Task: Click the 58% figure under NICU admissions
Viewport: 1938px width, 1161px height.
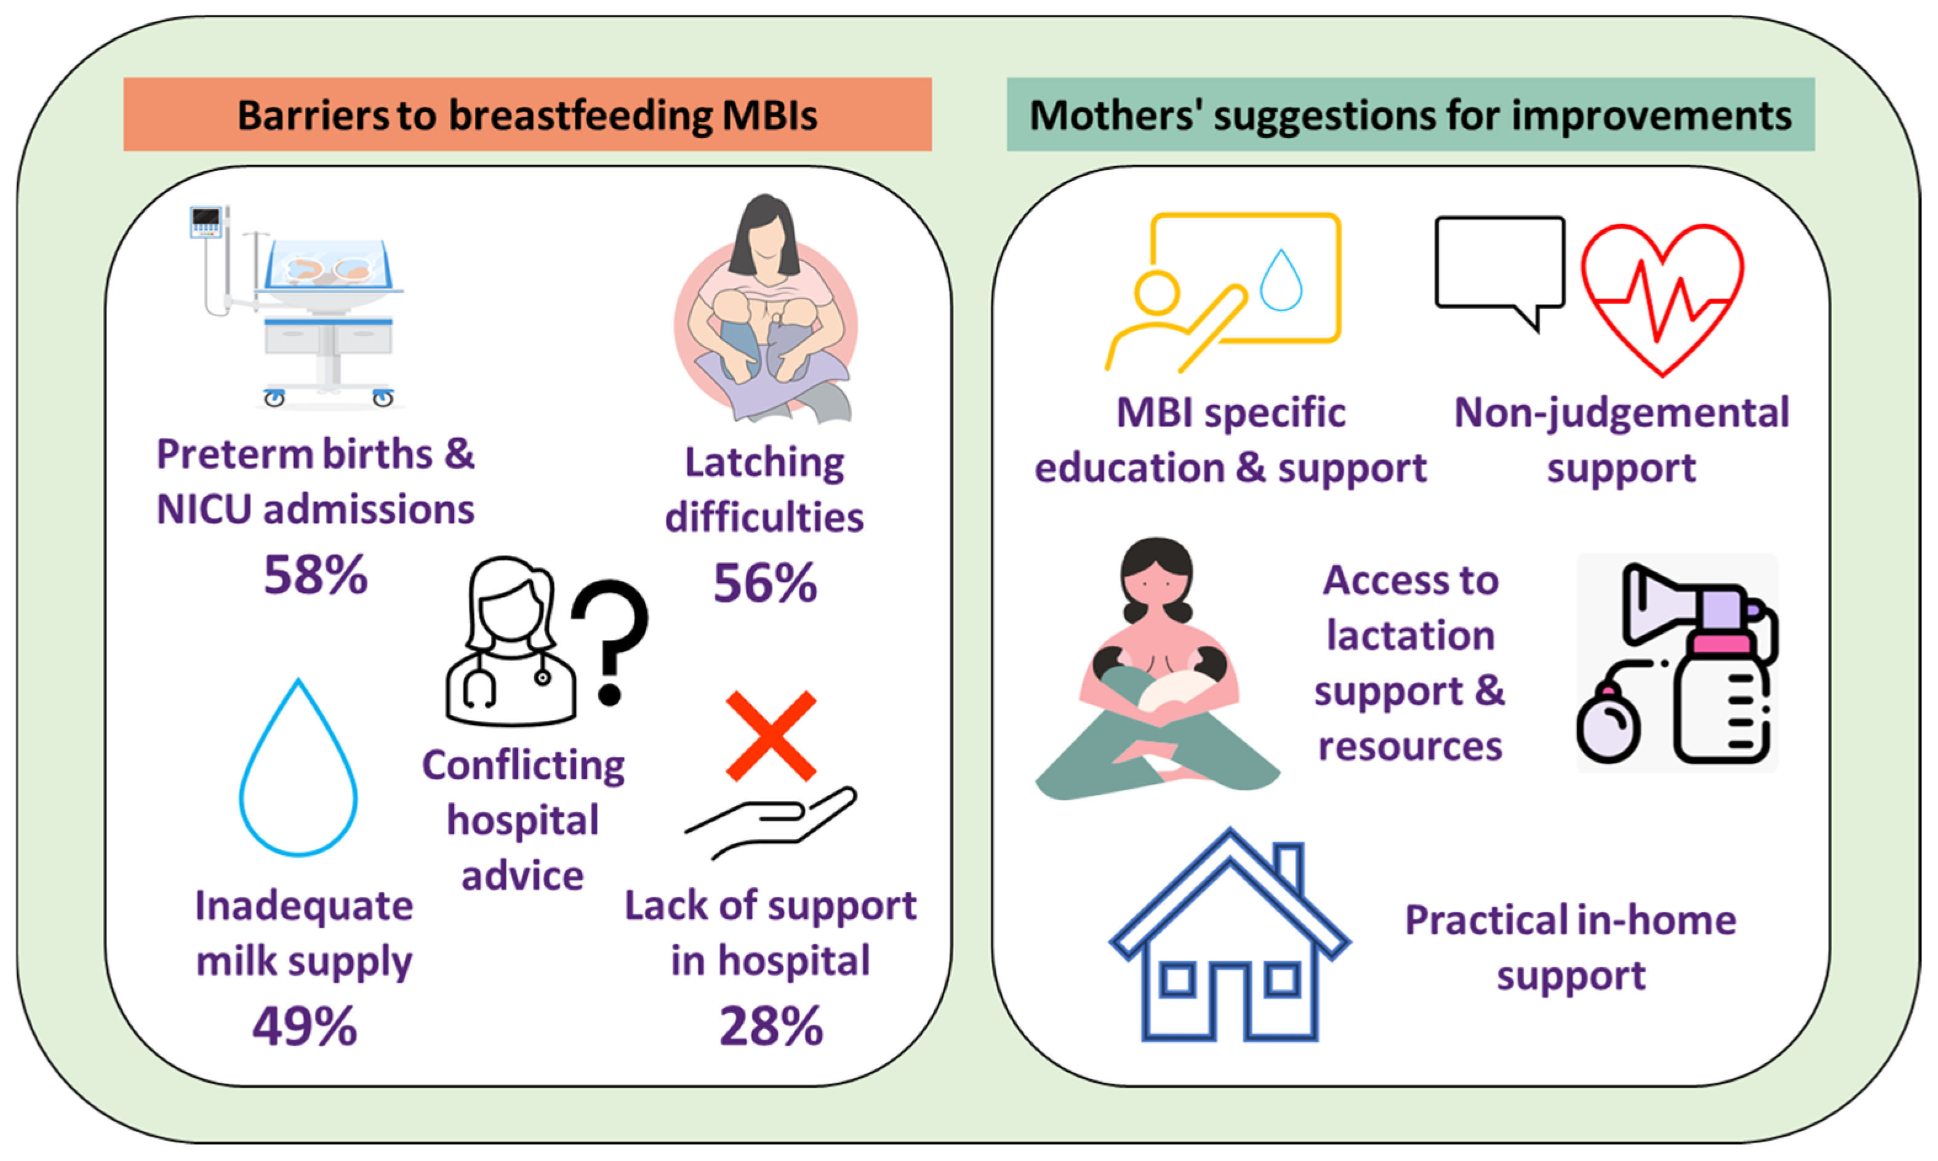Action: pos(315,575)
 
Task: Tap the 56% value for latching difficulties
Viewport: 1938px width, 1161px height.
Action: pos(765,583)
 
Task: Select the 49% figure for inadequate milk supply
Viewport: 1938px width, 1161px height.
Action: pos(305,1026)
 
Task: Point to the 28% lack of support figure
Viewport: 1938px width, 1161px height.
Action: pos(771,1026)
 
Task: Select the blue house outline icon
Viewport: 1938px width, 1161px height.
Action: pos(1229,935)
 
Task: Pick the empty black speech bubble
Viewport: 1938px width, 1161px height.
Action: pos(1500,270)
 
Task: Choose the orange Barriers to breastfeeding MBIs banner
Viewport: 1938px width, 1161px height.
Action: pos(527,114)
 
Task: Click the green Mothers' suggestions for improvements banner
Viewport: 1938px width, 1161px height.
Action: pos(1411,114)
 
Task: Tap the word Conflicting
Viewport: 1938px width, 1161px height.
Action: pos(523,765)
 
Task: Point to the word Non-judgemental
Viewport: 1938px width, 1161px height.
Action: pos(1622,412)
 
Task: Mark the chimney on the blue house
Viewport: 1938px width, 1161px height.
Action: pos(1288,866)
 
